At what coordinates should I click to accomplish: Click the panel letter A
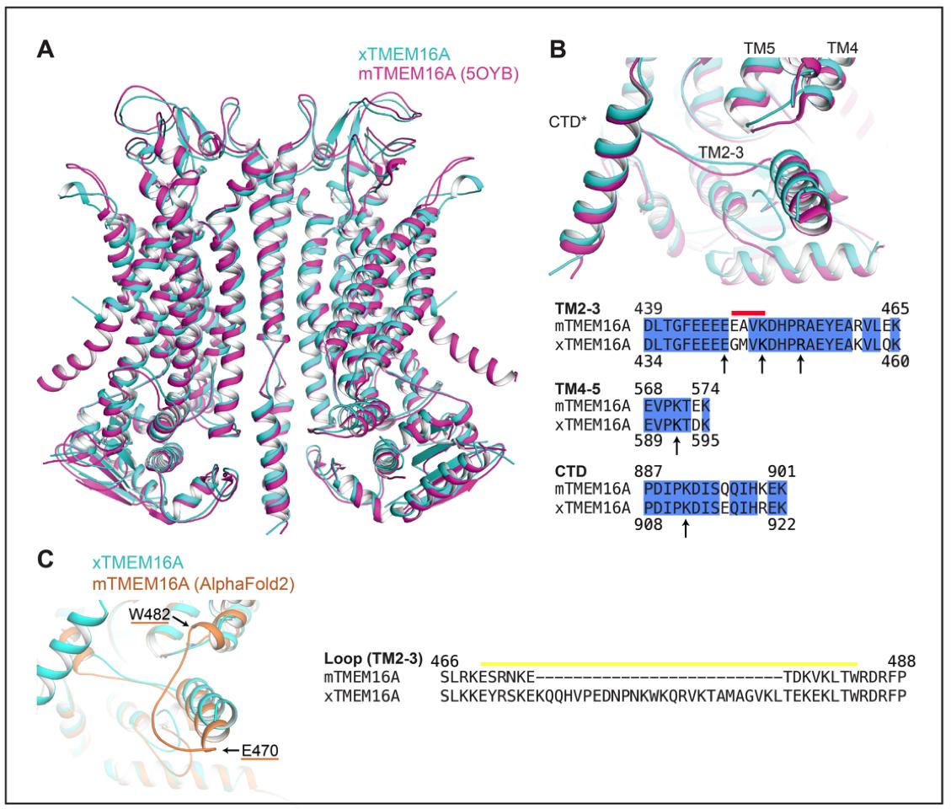coord(47,50)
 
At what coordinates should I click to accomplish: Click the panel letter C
coord(47,558)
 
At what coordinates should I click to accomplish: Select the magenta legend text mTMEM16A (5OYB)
coord(438,74)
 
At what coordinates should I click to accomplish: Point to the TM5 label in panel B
coord(755,51)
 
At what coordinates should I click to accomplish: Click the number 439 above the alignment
coord(657,309)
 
